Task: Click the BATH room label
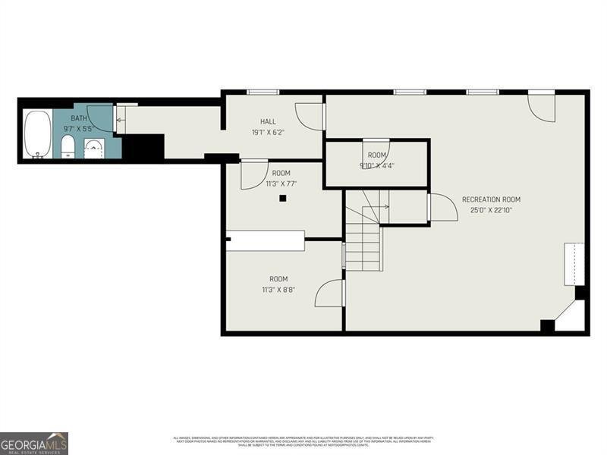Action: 79,118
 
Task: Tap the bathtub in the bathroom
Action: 37,134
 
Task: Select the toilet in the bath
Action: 68,147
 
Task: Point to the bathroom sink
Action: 93,149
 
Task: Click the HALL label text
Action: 268,121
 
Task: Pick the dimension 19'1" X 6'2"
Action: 268,132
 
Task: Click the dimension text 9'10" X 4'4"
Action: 376,165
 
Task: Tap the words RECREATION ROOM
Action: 491,199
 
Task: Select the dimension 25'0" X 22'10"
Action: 491,210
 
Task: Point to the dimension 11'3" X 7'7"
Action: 281,184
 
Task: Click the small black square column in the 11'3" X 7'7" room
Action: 282,199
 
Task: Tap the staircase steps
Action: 363,243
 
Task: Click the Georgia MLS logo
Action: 34,443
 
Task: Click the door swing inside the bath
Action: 101,118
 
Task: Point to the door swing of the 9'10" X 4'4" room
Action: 376,149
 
